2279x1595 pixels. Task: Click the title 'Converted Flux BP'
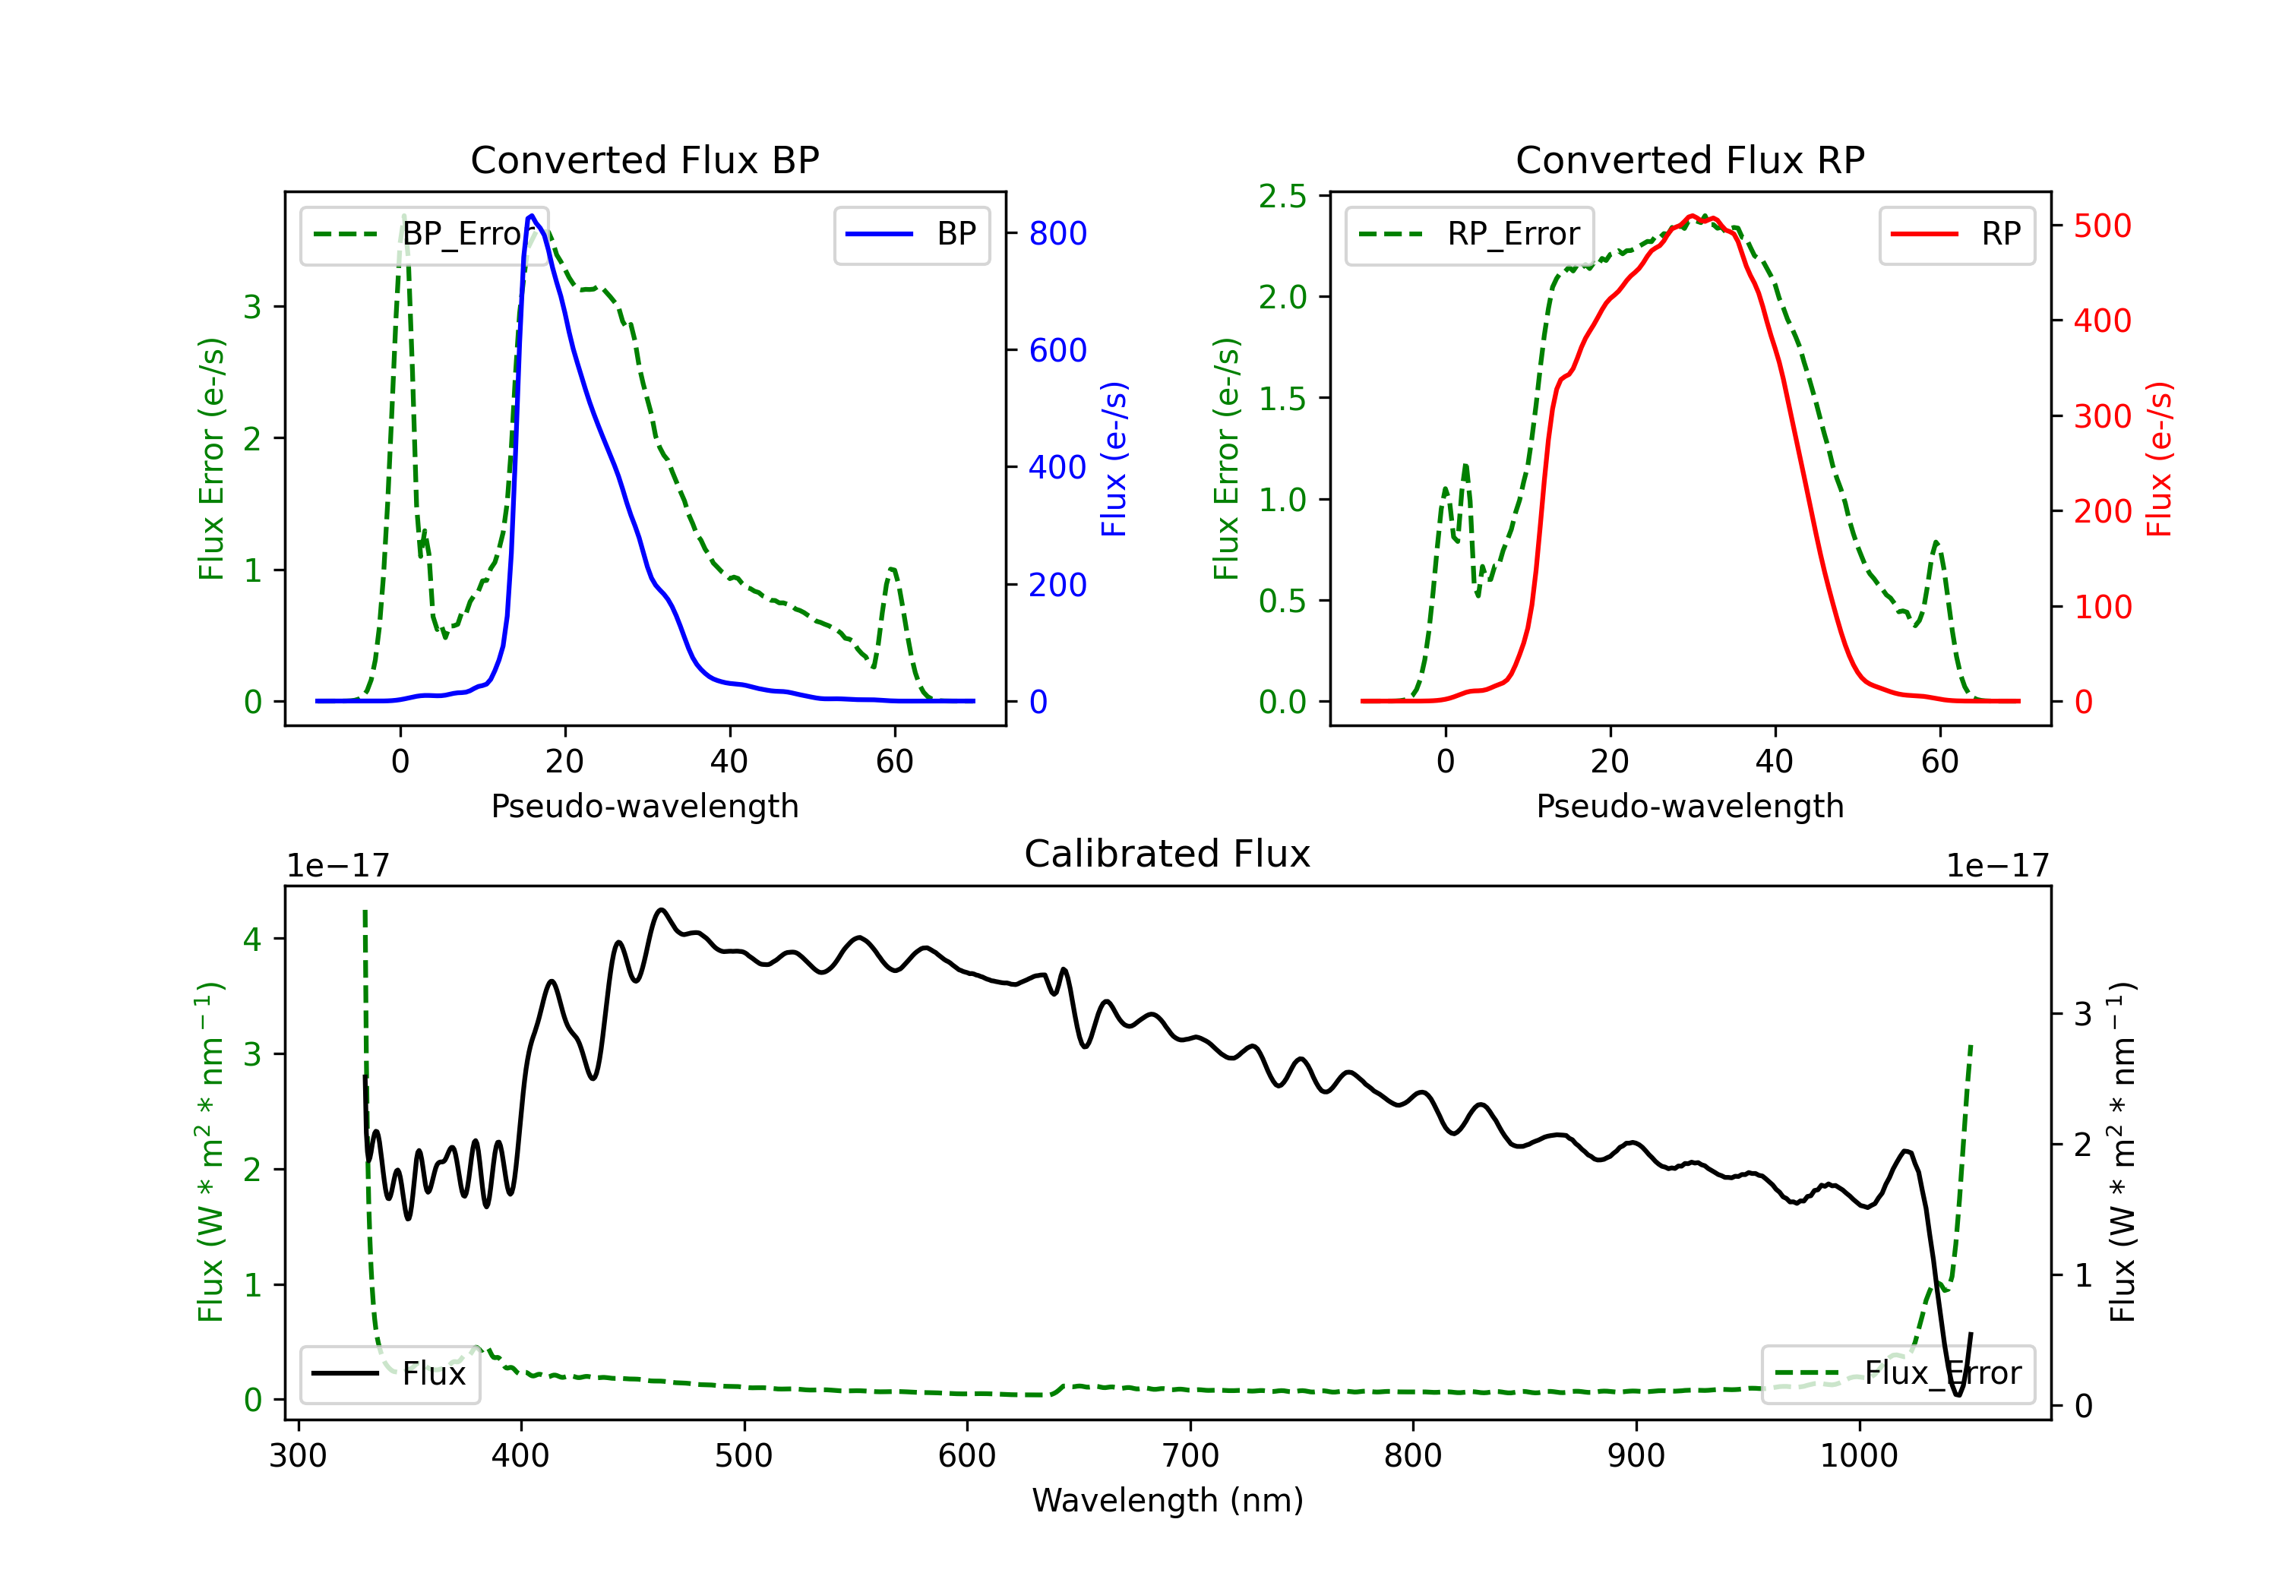(644, 159)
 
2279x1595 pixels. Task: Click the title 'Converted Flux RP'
(1689, 159)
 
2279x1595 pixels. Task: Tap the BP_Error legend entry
(425, 234)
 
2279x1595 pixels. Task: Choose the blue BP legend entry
(911, 234)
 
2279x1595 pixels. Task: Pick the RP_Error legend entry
(1469, 234)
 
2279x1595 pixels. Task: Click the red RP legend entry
(1956, 234)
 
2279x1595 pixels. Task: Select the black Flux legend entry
(389, 1374)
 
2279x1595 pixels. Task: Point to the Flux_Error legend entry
(1897, 1374)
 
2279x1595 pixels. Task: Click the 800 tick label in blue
(1057, 233)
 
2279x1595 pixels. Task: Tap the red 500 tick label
(2102, 226)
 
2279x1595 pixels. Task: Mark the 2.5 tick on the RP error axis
(1282, 197)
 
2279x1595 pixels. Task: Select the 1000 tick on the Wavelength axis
(1858, 1456)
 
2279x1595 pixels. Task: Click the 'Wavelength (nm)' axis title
(1168, 1500)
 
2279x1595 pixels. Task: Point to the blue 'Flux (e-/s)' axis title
(1114, 460)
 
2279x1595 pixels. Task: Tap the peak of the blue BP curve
(532, 216)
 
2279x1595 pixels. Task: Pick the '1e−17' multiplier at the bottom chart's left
(337, 867)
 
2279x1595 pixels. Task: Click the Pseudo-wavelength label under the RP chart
(1689, 806)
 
